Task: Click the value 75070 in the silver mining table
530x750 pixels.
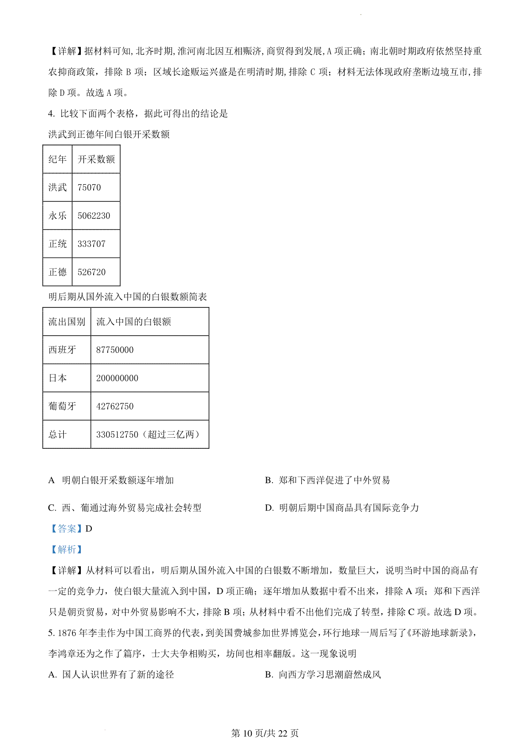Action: [x=89, y=187]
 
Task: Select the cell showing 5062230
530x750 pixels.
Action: [x=94, y=216]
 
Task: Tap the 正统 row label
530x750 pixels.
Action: [x=57, y=244]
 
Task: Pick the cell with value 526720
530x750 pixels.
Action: [x=91, y=272]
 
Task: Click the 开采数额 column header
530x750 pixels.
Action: [x=96, y=159]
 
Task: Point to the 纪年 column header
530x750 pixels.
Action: [x=57, y=159]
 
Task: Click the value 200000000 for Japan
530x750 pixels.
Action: [x=117, y=378]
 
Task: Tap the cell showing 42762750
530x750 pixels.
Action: [x=115, y=406]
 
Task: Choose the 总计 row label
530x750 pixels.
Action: [x=57, y=435]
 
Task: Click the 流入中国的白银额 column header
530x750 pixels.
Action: [x=133, y=322]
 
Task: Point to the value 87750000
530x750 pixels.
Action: [x=115, y=350]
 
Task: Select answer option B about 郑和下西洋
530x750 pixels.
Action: [x=327, y=480]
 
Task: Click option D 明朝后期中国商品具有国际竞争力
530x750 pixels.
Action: [x=342, y=508]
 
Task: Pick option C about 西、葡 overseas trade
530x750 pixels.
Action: [x=125, y=508]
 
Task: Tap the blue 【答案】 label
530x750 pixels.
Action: [x=66, y=529]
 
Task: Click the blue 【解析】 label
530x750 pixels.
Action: [x=66, y=549]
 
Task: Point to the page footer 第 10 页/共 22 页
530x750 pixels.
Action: [x=265, y=734]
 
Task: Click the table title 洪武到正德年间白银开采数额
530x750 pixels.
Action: [x=109, y=134]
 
